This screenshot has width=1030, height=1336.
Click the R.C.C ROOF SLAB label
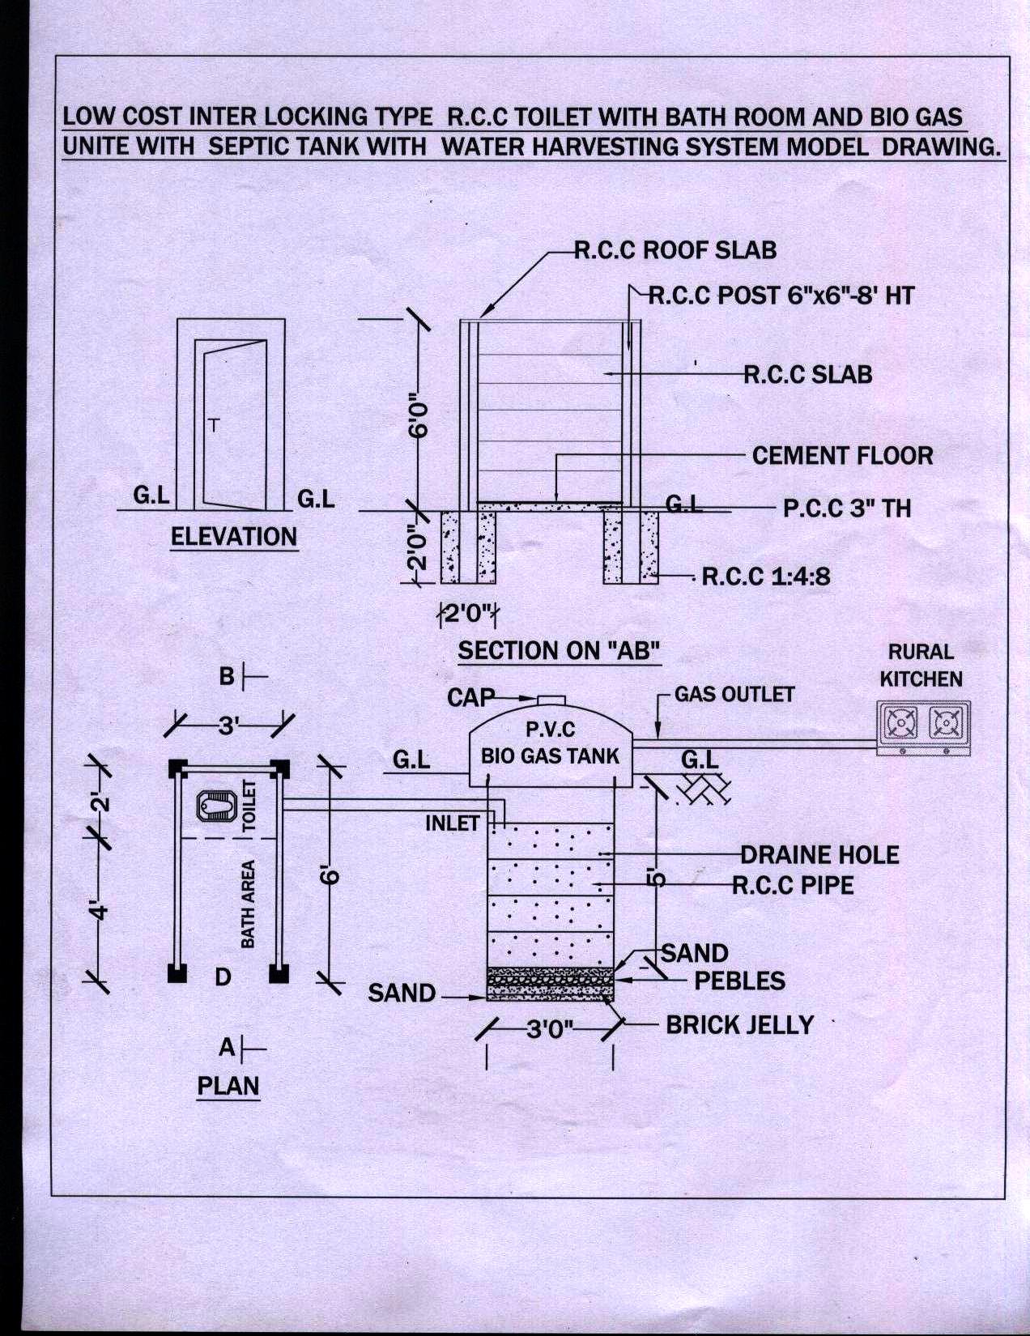(x=675, y=250)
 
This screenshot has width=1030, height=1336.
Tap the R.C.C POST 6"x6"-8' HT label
(x=781, y=296)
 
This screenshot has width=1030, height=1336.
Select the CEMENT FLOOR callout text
(x=842, y=456)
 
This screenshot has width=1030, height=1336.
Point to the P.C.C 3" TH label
(x=847, y=508)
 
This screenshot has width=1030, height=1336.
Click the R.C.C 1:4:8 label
(x=765, y=577)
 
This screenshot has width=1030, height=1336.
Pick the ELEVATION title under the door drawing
(x=234, y=537)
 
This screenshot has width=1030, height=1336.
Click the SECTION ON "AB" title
(x=560, y=650)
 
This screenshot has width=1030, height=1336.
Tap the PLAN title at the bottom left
(x=228, y=1085)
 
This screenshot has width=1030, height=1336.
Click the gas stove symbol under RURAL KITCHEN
(x=923, y=723)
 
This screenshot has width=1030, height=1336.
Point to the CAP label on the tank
(x=470, y=696)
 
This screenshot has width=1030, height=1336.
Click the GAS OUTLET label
(x=734, y=695)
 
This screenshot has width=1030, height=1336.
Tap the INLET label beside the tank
(x=453, y=823)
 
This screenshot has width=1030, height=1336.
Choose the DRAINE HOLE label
(x=819, y=855)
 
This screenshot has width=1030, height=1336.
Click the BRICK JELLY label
(x=739, y=1025)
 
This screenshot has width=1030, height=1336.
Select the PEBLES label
(x=739, y=981)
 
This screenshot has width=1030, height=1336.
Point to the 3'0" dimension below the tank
(x=550, y=1029)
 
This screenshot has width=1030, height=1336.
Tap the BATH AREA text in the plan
(x=248, y=904)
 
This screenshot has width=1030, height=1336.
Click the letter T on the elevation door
(x=214, y=425)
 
